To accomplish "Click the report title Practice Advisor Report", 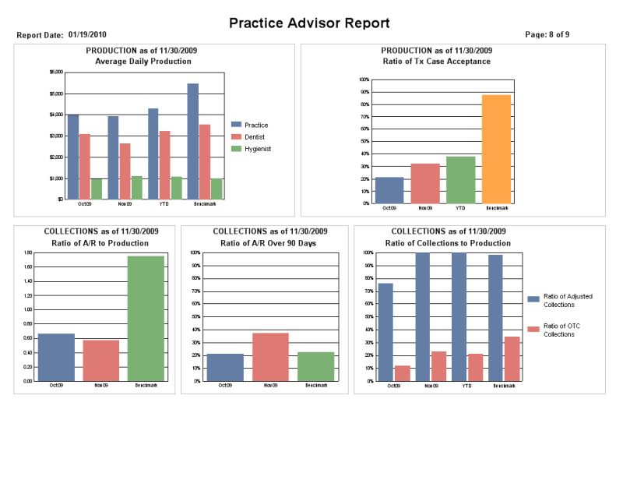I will [309, 23].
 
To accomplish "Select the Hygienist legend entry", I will [257, 148].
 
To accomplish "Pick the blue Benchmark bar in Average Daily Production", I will [192, 141].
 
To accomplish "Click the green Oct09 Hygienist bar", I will [97, 189].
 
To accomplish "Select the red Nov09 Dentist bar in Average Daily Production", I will [125, 171].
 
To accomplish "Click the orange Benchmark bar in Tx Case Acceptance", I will [496, 149].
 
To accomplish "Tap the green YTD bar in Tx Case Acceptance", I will [460, 180].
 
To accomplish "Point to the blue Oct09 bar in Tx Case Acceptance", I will [389, 190].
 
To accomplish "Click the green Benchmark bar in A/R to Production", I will [146, 319].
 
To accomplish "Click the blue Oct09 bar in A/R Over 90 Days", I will [225, 367].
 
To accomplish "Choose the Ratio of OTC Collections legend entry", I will [554, 330].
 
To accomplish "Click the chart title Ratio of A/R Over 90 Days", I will [269, 244].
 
